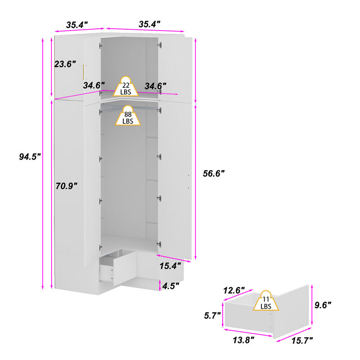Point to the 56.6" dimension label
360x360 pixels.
[212, 173]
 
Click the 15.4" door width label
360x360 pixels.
[170, 266]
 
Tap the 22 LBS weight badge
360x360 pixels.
[126, 86]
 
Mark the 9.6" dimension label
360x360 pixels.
[323, 305]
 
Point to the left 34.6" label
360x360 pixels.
[94, 85]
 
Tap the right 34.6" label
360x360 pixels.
[155, 85]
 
